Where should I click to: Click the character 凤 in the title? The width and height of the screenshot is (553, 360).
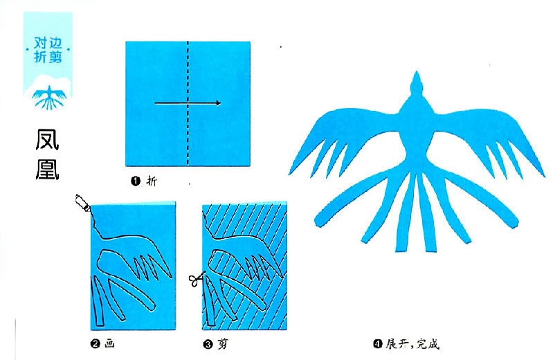47,139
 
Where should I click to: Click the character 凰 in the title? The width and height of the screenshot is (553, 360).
47,168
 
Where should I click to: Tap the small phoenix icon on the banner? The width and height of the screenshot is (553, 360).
49,97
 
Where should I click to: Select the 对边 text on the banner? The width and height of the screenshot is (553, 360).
48,44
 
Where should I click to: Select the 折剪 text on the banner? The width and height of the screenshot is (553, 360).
48,57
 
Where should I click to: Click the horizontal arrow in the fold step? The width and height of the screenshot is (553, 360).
188,103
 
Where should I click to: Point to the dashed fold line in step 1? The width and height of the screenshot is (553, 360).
188,103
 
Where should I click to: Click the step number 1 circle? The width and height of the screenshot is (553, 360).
136,181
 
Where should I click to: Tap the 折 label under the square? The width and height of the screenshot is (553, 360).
152,181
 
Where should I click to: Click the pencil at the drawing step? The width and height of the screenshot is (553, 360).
83,203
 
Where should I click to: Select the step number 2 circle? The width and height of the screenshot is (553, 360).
95,343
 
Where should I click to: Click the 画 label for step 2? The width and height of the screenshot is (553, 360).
109,343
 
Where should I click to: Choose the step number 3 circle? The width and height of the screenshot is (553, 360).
208,344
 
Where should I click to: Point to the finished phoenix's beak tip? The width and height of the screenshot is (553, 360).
417,71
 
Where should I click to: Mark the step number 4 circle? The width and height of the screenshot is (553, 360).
378,343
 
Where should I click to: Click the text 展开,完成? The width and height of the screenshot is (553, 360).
413,343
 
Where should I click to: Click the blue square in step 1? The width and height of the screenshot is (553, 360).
188,103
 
